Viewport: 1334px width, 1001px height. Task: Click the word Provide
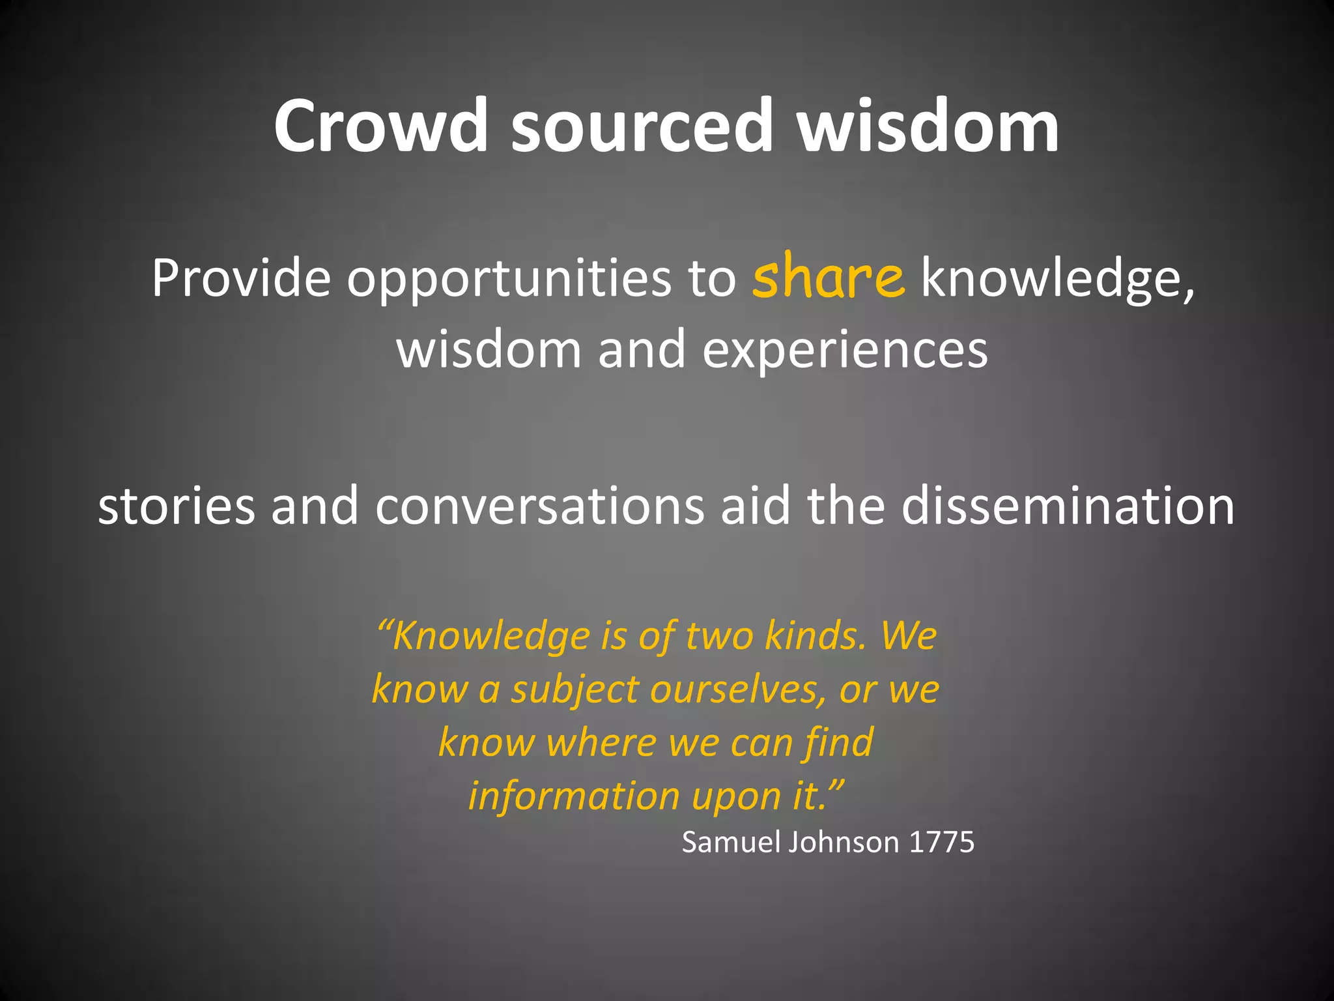(x=241, y=278)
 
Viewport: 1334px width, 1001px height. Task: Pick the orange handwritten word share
(x=828, y=277)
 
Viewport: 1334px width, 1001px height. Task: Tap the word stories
(x=176, y=506)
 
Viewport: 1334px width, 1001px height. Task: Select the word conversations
(x=539, y=506)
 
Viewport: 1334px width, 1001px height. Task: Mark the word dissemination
(x=1068, y=506)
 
